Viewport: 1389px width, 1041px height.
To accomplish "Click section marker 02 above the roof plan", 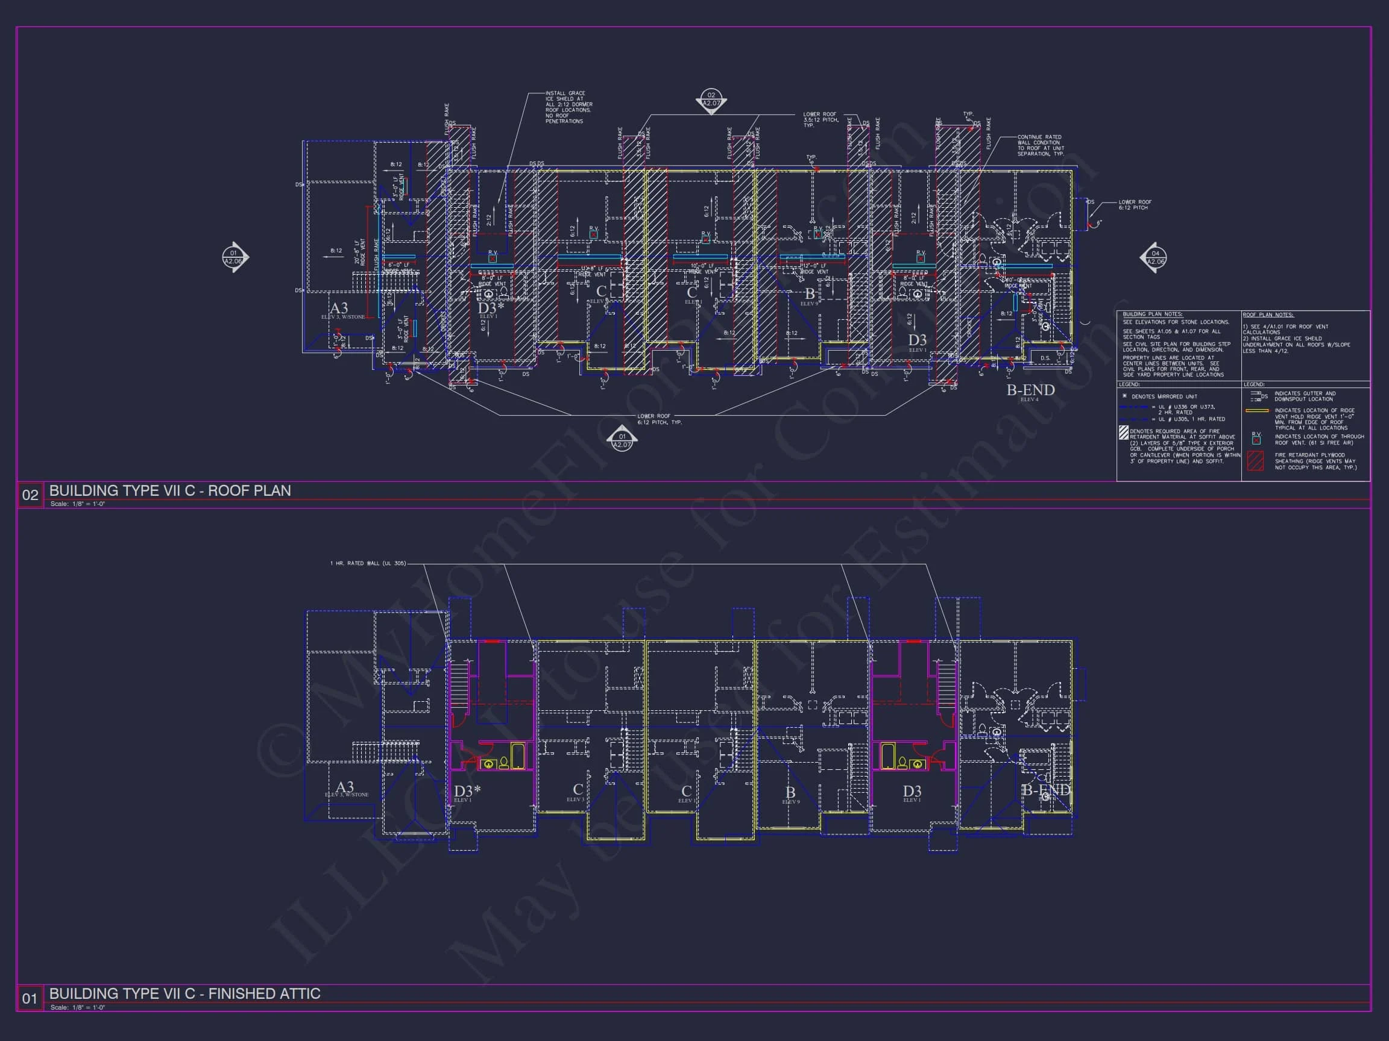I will point(711,100).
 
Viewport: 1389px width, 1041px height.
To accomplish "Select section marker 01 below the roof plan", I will point(622,440).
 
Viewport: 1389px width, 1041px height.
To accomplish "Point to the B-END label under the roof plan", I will point(1030,390).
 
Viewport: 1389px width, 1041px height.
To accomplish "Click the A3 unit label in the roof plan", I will point(338,308).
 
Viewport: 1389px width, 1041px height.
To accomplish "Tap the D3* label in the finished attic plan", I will point(467,790).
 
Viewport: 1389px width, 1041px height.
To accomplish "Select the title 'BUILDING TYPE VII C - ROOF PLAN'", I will point(170,491).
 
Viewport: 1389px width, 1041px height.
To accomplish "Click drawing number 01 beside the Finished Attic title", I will point(30,998).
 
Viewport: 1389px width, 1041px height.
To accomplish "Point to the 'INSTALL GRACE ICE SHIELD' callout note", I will point(568,107).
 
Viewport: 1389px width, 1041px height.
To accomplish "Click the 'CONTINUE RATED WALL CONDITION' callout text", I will point(1040,145).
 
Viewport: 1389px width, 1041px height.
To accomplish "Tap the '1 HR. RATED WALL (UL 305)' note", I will point(368,563).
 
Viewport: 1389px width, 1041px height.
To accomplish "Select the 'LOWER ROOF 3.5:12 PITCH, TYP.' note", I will point(820,119).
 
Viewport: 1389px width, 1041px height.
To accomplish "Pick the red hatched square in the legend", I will point(1255,461).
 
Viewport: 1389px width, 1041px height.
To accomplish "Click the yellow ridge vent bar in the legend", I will point(1256,411).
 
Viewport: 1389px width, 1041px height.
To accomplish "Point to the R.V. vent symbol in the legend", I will point(1256,439).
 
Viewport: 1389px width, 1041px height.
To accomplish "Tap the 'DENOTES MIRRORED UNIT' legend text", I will point(1156,396).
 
